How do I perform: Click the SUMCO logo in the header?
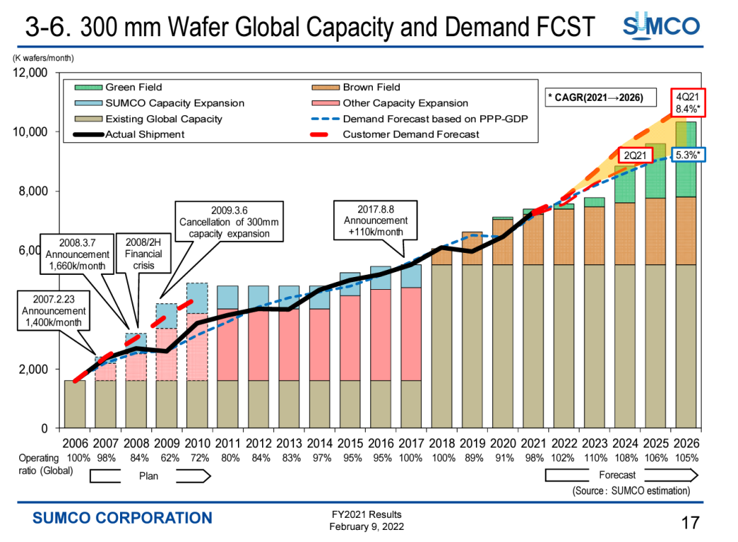tap(661, 27)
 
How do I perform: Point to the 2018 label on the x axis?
tap(443, 443)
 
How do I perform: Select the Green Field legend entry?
tap(134, 87)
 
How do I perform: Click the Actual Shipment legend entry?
tap(145, 134)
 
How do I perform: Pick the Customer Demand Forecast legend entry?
tap(411, 134)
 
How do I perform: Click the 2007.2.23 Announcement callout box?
tap(53, 310)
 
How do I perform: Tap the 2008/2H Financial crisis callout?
tap(143, 254)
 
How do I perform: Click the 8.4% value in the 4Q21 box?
tap(688, 109)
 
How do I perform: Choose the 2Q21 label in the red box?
tap(634, 155)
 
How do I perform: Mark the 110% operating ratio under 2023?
tap(595, 458)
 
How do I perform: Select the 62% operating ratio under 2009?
tap(166, 458)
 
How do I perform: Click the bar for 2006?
tap(75, 404)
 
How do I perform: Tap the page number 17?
tap(690, 524)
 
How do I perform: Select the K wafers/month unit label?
tap(43, 58)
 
